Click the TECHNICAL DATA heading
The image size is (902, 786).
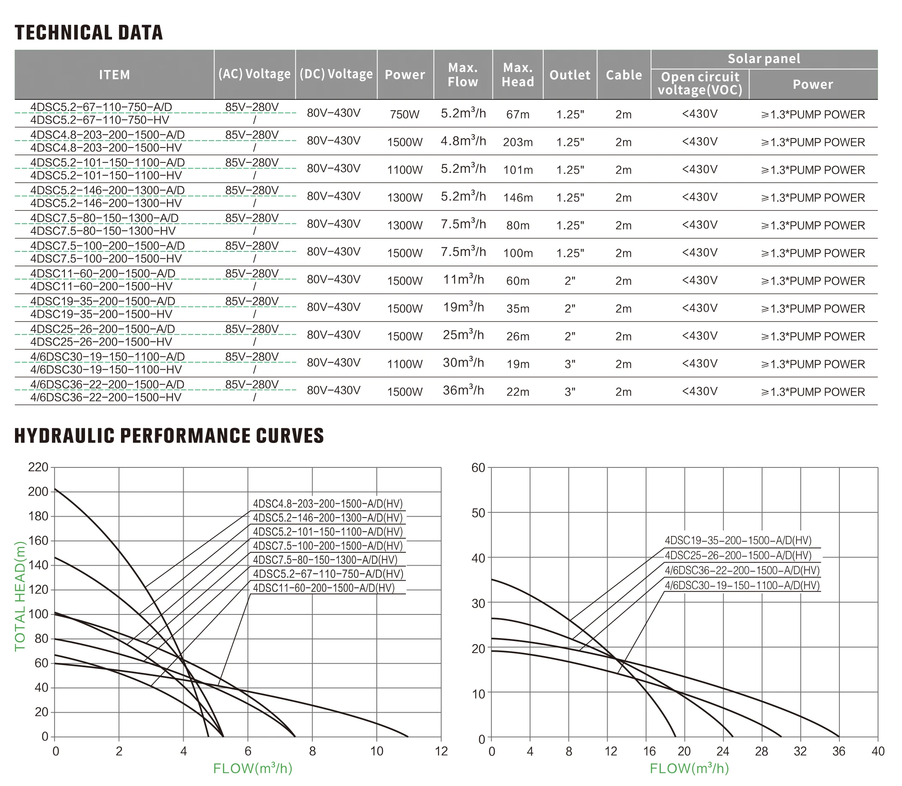[89, 33]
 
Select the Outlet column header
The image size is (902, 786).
[570, 75]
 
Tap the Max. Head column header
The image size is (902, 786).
[518, 75]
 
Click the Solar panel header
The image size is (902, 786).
[764, 59]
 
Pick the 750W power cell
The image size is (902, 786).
[405, 114]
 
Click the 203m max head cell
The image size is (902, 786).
[518, 142]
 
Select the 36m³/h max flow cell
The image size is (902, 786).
[463, 390]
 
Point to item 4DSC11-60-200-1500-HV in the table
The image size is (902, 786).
[101, 286]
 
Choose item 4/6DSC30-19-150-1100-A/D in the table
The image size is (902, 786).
[108, 357]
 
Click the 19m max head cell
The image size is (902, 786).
[518, 364]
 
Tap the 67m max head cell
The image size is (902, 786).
[518, 114]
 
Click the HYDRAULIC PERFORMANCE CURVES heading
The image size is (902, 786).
[169, 436]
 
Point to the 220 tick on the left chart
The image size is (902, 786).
[38, 467]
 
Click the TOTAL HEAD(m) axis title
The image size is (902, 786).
[20, 596]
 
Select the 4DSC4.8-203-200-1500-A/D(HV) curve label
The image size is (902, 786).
[327, 504]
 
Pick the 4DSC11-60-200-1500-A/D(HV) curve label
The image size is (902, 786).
[324, 588]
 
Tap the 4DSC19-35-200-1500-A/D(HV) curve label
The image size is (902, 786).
[738, 541]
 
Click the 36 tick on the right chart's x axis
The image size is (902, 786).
[838, 751]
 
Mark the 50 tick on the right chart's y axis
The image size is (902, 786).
[478, 513]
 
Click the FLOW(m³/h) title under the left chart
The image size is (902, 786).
[252, 768]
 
